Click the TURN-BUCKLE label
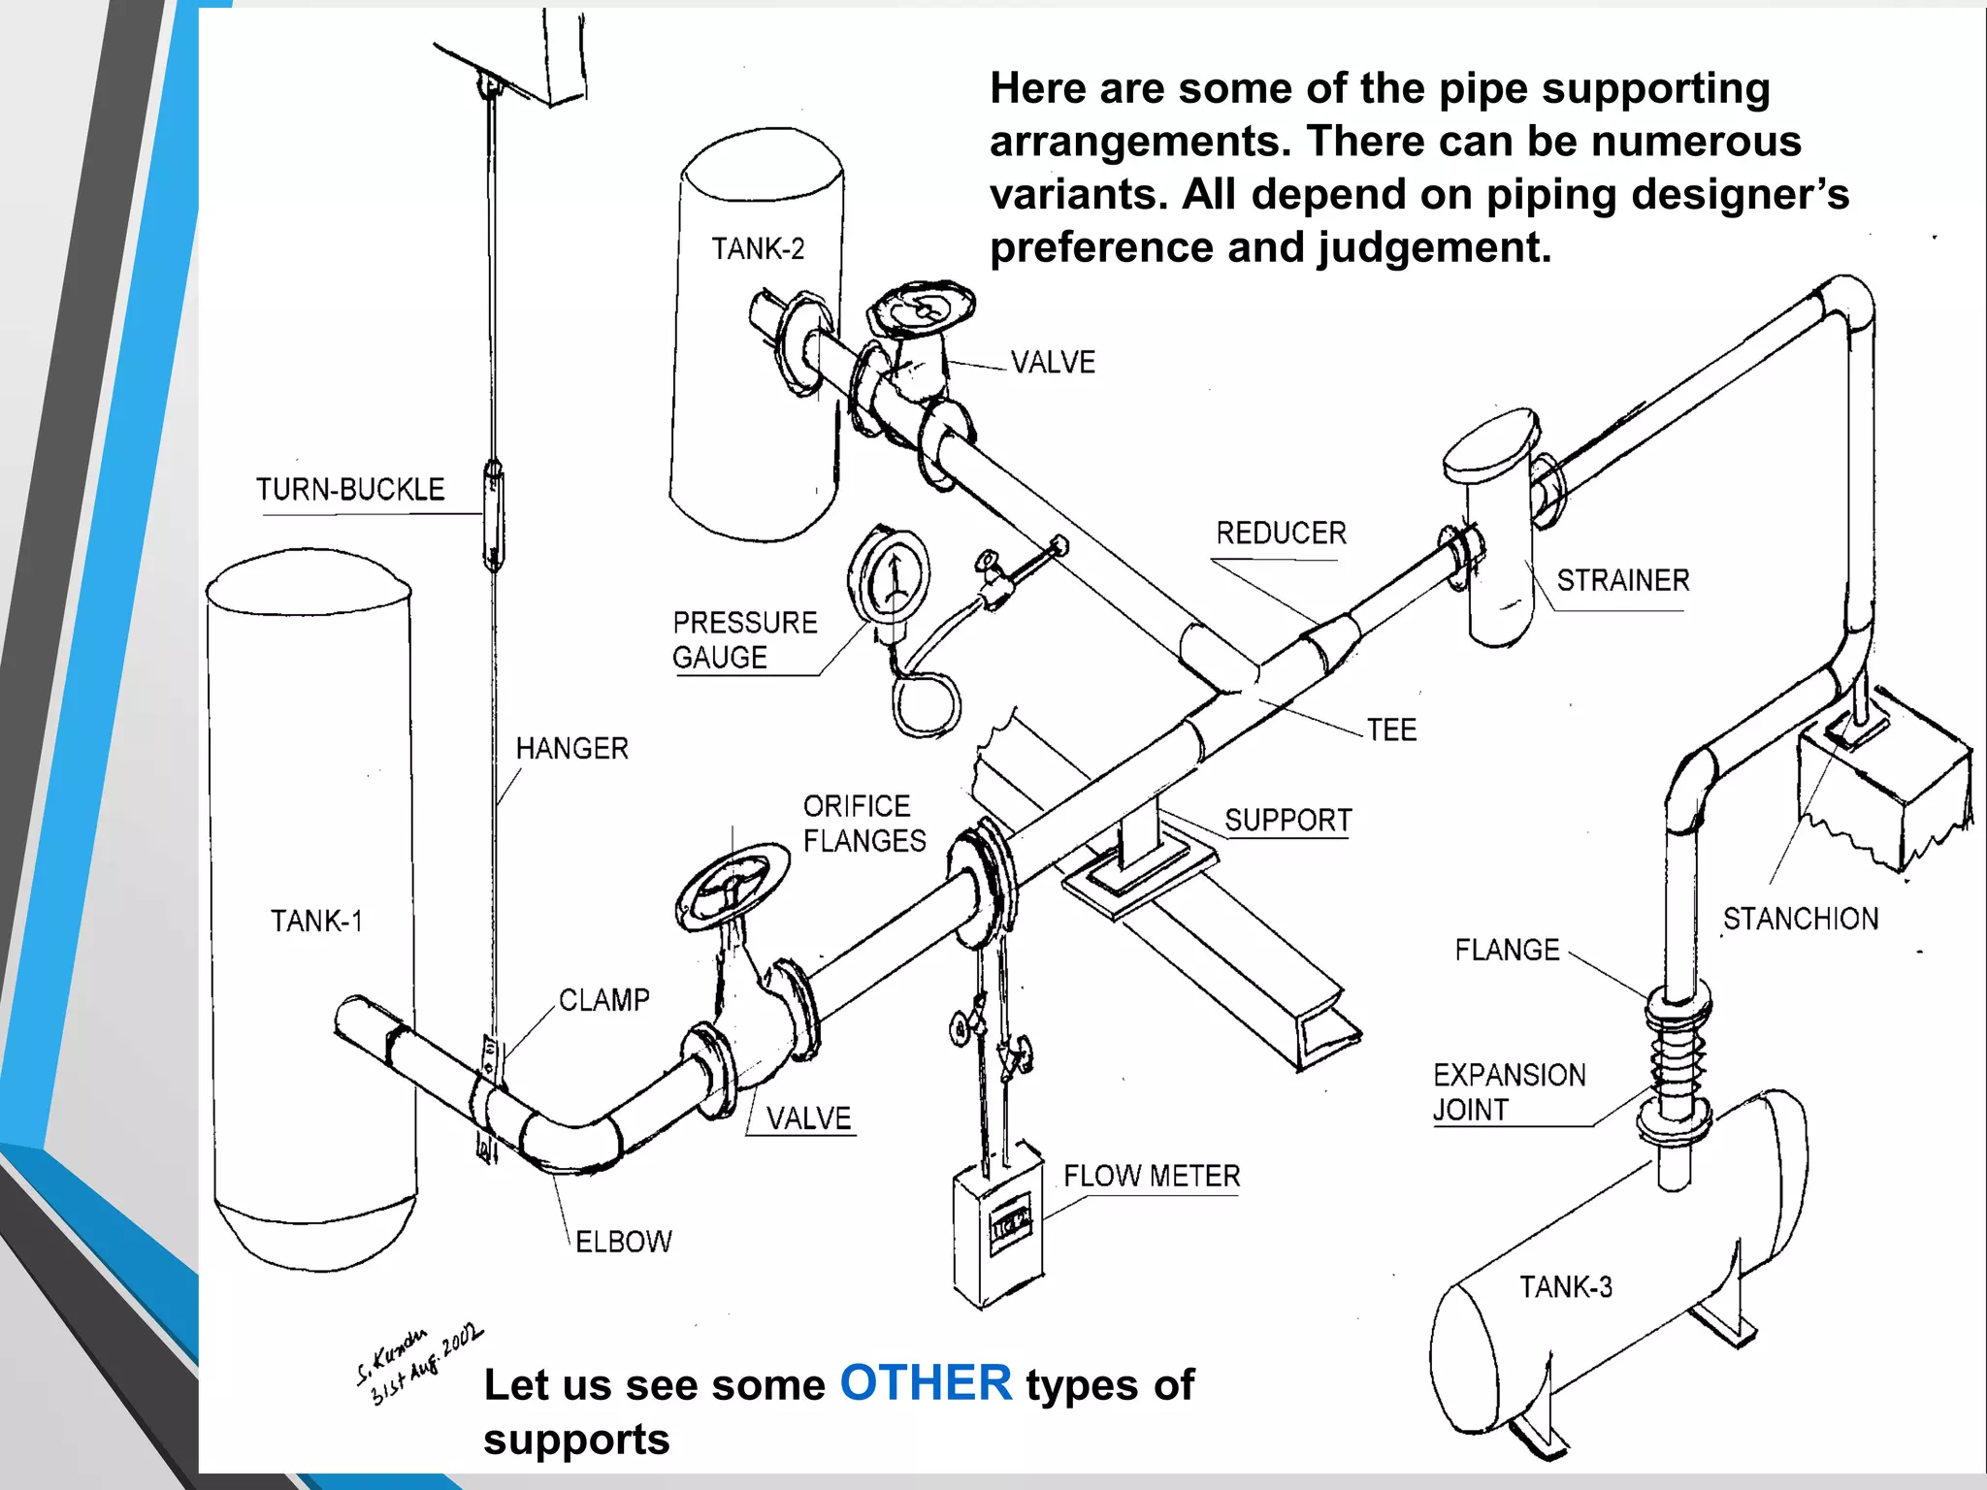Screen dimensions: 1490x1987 coord(350,489)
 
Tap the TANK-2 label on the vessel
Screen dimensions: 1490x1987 coord(758,249)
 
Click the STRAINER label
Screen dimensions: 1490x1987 coord(1622,580)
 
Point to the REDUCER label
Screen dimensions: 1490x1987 coord(1281,533)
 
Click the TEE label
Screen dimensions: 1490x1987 coord(1391,729)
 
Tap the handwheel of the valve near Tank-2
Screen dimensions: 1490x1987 coord(921,308)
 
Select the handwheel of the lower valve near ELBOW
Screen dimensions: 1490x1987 coord(733,886)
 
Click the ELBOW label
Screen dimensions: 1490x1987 coord(623,1242)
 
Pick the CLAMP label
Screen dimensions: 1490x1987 coord(603,1000)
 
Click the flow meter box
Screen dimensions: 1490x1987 coord(998,1227)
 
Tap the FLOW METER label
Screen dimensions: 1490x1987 coord(1152,1176)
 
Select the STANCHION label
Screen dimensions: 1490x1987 coord(1800,919)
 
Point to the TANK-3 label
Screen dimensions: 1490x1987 coord(1565,1287)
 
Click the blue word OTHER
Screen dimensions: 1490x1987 coord(926,1382)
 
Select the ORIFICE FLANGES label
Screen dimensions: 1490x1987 coord(863,824)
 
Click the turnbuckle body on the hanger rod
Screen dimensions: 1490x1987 coord(493,515)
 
